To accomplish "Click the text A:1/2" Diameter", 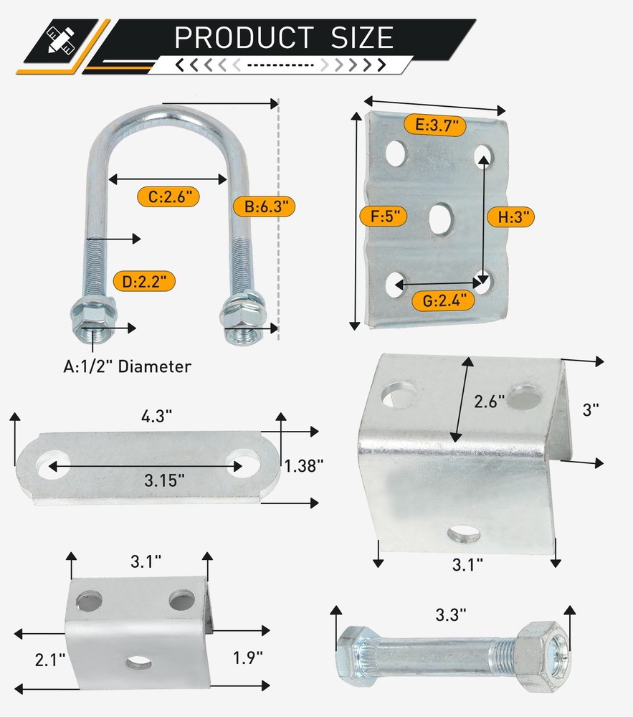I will [x=127, y=367].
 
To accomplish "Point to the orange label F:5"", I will [x=385, y=215].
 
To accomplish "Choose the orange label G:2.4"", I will [x=444, y=300].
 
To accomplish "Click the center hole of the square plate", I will [x=440, y=217].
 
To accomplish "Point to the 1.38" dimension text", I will [x=304, y=465].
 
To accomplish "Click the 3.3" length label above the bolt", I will [x=450, y=614].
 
